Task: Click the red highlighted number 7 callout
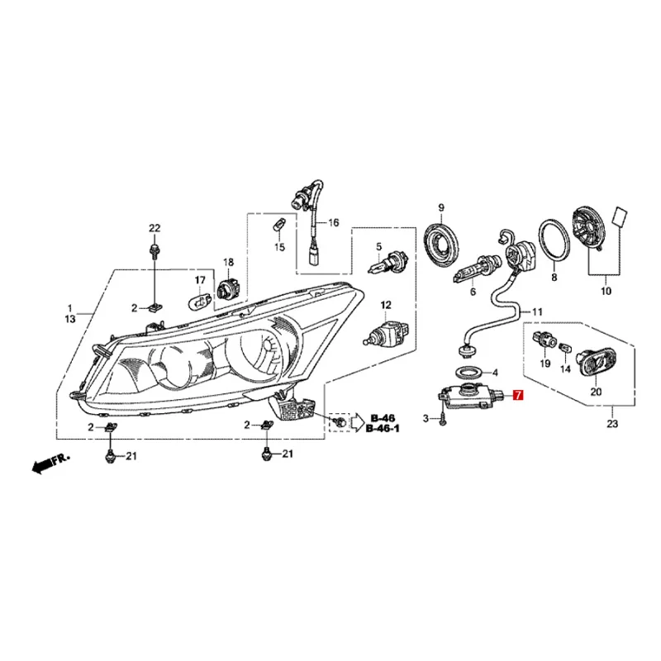point(518,397)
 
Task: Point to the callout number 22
point(154,228)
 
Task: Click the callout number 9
point(441,207)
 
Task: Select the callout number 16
point(334,223)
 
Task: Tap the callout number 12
point(385,306)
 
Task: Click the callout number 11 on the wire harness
point(538,311)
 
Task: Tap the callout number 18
point(229,262)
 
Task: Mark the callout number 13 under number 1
point(69,318)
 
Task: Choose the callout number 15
point(278,247)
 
